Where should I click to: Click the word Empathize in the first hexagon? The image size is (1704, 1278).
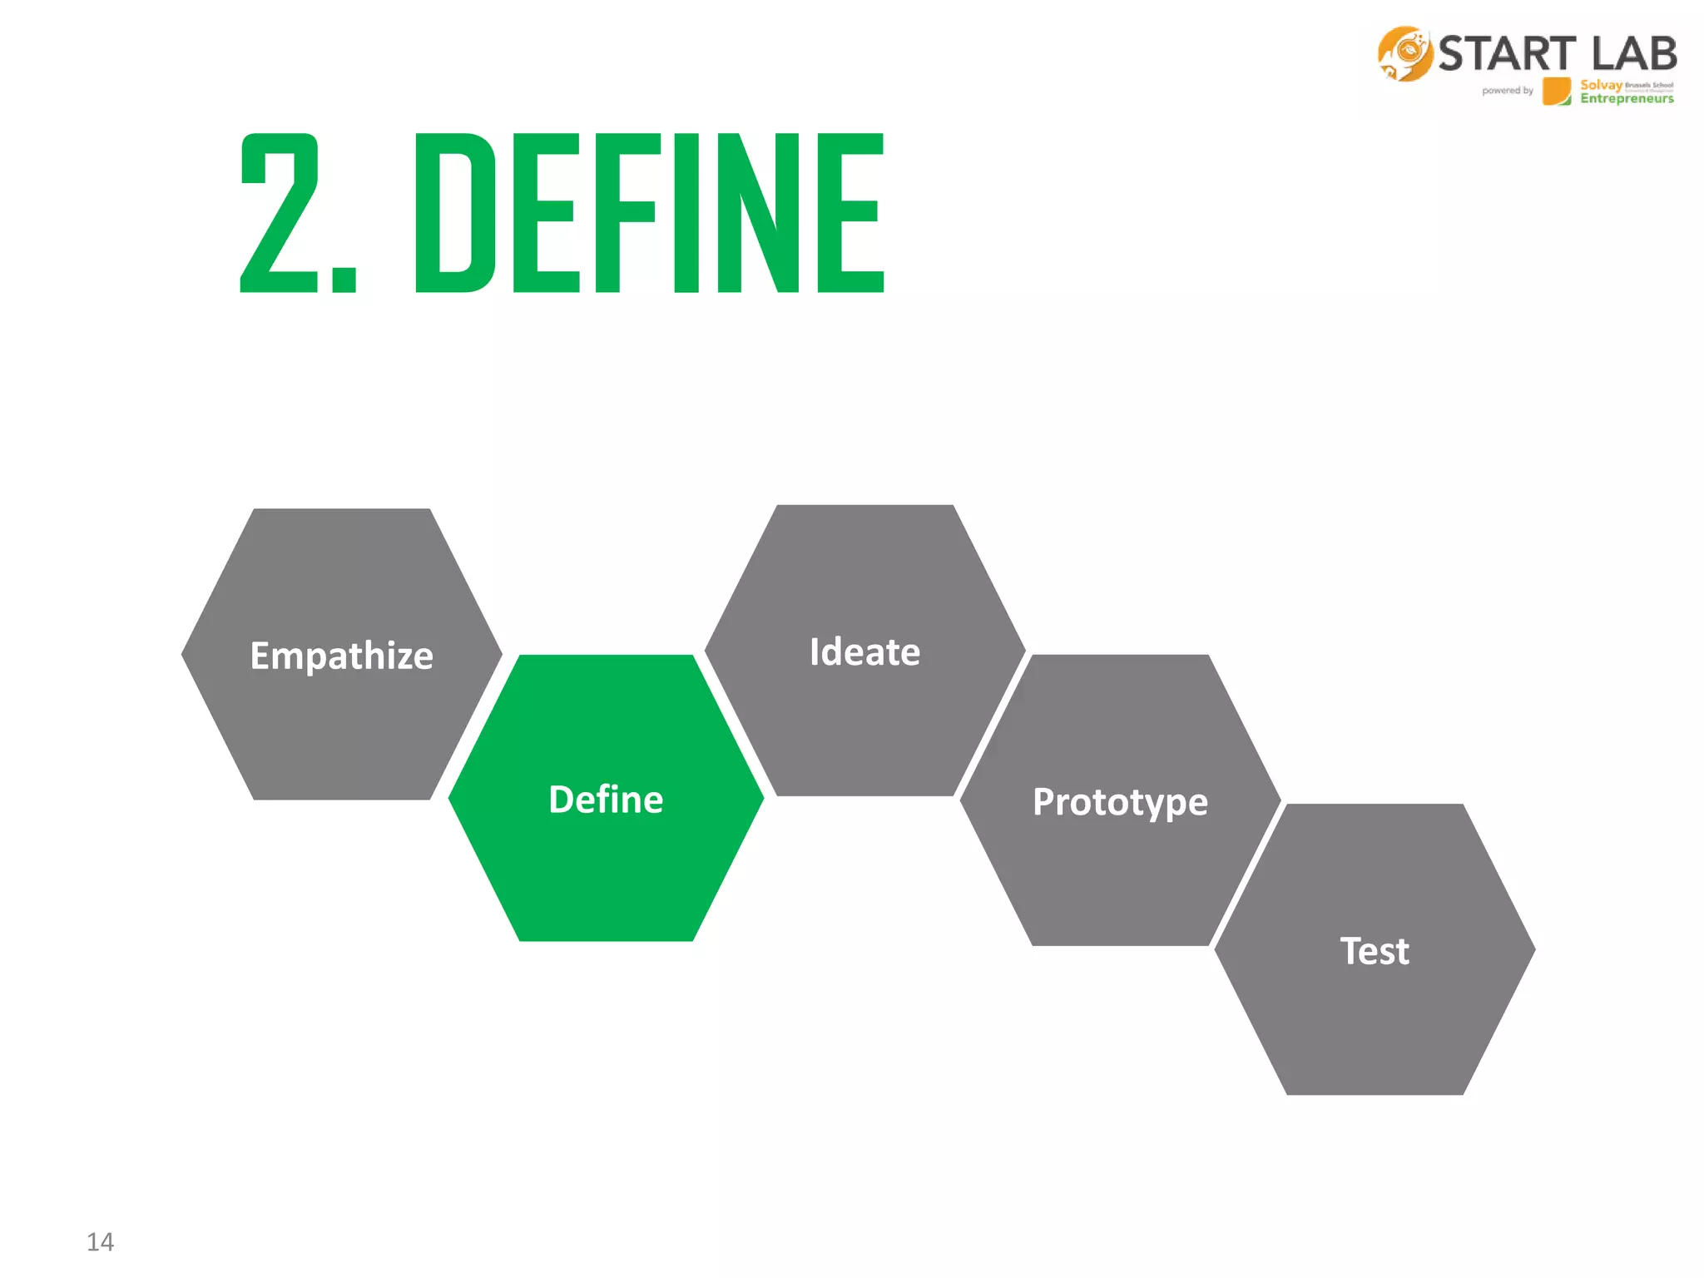pyautogui.click(x=341, y=656)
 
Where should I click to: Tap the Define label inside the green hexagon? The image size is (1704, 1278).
pyautogui.click(x=606, y=800)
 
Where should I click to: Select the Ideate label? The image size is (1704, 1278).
pyautogui.click(x=864, y=651)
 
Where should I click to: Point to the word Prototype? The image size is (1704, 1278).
pyautogui.click(x=1120, y=802)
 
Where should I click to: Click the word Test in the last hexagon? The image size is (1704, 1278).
pyautogui.click(x=1375, y=951)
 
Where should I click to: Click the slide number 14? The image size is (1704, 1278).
pyautogui.click(x=100, y=1241)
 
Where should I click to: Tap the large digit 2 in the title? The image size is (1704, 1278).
pyautogui.click(x=279, y=214)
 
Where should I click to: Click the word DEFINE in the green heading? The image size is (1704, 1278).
pyautogui.click(x=649, y=214)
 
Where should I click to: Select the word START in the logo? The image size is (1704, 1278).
pyautogui.click(x=1507, y=54)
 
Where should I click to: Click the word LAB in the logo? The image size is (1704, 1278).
pyautogui.click(x=1634, y=54)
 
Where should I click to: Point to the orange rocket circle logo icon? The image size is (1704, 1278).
pyautogui.click(x=1404, y=54)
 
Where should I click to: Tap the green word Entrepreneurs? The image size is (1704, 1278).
pyautogui.click(x=1627, y=99)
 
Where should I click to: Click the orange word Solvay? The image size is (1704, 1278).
pyautogui.click(x=1601, y=85)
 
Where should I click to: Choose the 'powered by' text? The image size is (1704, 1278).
pyautogui.click(x=1507, y=91)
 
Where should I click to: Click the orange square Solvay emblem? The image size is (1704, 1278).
pyautogui.click(x=1556, y=92)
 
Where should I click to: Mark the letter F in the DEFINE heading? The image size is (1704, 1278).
pyautogui.click(x=624, y=214)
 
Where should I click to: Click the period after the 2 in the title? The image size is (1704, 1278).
pyautogui.click(x=344, y=280)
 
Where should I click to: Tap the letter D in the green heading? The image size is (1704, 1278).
pyautogui.click(x=454, y=214)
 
